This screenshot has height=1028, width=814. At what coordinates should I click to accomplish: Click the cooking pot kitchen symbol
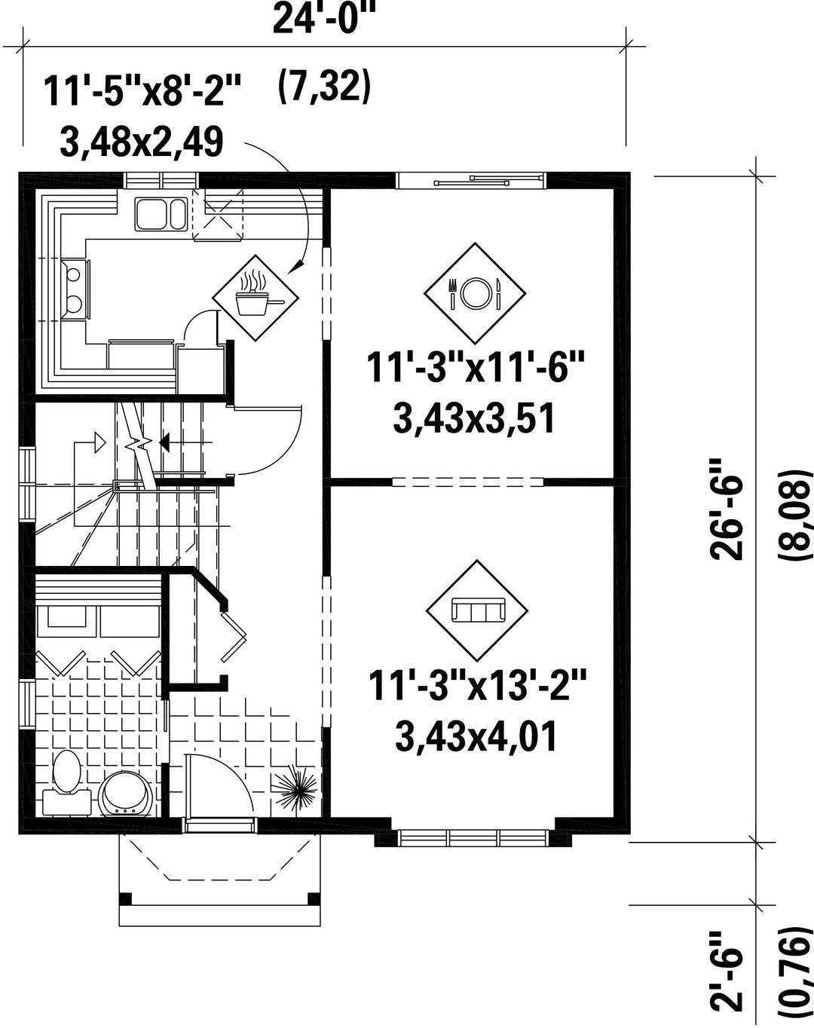[256, 298]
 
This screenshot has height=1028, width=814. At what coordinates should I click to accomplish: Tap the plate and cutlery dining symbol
[475, 293]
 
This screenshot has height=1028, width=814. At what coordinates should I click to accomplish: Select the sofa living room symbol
[477, 611]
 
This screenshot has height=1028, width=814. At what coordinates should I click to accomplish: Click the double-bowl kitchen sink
[161, 215]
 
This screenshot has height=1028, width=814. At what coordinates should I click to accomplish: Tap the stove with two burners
[75, 289]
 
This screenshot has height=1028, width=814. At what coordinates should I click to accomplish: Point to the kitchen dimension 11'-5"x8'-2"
[142, 91]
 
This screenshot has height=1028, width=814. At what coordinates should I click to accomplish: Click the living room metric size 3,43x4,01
[476, 736]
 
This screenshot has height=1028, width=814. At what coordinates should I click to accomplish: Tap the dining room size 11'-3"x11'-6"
[476, 367]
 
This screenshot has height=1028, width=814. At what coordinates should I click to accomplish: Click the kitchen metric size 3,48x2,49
[142, 142]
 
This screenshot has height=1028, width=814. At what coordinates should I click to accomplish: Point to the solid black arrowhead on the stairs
[164, 444]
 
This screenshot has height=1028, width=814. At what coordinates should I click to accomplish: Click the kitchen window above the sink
[161, 181]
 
